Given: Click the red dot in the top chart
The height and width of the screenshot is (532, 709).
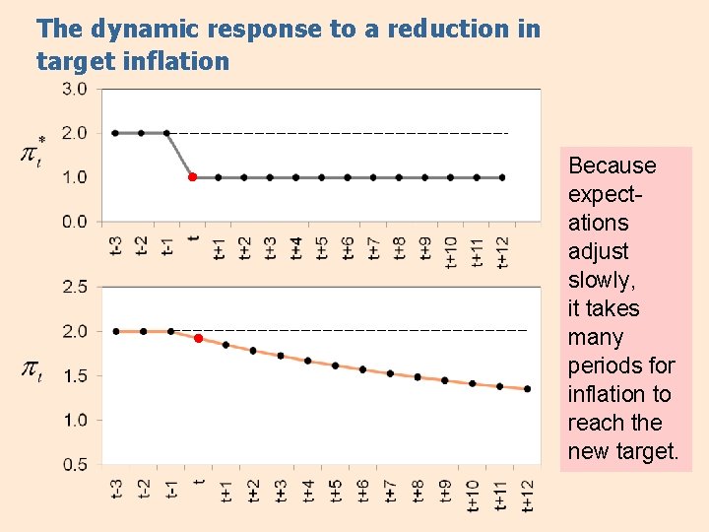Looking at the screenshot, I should pos(192,177).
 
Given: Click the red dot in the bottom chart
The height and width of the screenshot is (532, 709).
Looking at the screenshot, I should pos(198,338).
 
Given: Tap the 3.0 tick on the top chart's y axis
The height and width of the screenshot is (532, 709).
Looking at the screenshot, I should pos(76,89).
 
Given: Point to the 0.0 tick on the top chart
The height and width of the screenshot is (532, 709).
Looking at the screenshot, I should pos(76,222).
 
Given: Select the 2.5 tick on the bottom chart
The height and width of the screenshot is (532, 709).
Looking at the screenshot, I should pos(76,287).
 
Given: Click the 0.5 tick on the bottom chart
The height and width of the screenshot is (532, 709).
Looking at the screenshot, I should pos(76,464).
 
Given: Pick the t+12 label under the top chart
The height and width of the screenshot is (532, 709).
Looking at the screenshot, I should pos(502,251).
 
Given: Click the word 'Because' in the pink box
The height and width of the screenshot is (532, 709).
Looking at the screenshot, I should pos(612,166).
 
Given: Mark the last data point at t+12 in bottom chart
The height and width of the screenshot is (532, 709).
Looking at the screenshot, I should pos(528,389).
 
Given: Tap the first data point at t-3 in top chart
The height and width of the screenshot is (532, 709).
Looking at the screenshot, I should pos(115,132).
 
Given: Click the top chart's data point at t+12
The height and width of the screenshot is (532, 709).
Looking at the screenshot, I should pos(502,177).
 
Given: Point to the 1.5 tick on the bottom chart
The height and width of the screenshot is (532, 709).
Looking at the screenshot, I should pos(76,375).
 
